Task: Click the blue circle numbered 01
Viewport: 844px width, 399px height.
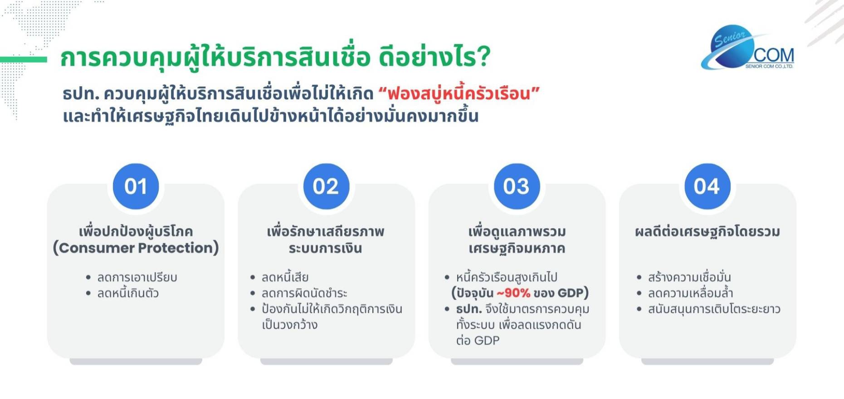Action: pyautogui.click(x=136, y=186)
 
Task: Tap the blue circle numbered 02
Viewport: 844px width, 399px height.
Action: pyautogui.click(x=326, y=186)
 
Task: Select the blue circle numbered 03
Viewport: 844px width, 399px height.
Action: pyautogui.click(x=517, y=186)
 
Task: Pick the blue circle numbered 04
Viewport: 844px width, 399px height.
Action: pyautogui.click(x=707, y=186)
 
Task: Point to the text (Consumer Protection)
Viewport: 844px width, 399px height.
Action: pyautogui.click(x=136, y=248)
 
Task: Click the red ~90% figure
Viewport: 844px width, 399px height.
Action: pyautogui.click(x=513, y=293)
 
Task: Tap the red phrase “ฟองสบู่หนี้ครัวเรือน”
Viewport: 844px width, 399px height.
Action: pyautogui.click(x=459, y=94)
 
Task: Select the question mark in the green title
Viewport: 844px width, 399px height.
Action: pyautogui.click(x=483, y=57)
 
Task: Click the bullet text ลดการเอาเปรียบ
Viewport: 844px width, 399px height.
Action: pyautogui.click(x=137, y=277)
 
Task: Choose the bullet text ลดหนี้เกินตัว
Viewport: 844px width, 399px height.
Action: pyautogui.click(x=128, y=293)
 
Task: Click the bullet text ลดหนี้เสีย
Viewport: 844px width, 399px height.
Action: pyautogui.click(x=285, y=277)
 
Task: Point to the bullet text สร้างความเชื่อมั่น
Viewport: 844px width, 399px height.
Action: pyautogui.click(x=689, y=277)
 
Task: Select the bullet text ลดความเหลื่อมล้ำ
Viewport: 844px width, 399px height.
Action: pyautogui.click(x=690, y=293)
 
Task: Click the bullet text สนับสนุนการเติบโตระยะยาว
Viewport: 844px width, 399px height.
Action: pyautogui.click(x=714, y=309)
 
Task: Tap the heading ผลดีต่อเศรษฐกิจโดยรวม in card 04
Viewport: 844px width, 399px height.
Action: pyautogui.click(x=707, y=232)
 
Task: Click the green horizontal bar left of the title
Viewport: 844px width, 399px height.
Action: pyautogui.click(x=24, y=59)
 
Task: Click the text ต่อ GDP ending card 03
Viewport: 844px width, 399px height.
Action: pyautogui.click(x=478, y=341)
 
